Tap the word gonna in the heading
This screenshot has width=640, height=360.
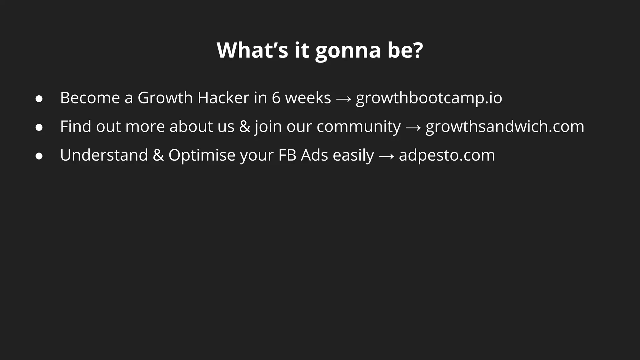(x=348, y=51)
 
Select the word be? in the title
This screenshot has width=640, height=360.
(x=405, y=50)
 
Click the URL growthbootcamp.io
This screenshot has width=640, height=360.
(x=429, y=98)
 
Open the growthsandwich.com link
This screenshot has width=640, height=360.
(x=505, y=127)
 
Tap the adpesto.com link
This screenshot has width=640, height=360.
(x=447, y=155)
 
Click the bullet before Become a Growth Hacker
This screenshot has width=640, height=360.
(x=39, y=99)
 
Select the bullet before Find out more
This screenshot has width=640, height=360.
(x=39, y=127)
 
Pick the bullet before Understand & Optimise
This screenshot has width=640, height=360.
(x=39, y=156)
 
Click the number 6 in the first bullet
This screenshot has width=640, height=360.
(x=276, y=98)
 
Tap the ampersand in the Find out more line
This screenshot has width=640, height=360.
(x=245, y=127)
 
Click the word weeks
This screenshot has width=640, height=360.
(x=308, y=98)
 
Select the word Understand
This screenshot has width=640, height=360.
(x=104, y=155)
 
